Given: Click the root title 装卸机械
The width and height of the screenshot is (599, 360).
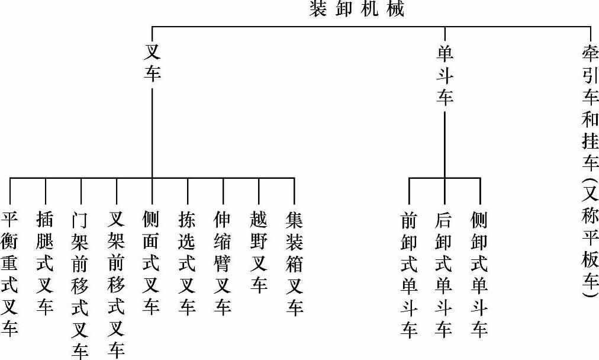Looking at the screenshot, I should [357, 9].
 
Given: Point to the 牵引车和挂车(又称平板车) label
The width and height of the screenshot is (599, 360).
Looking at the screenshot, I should [590, 172].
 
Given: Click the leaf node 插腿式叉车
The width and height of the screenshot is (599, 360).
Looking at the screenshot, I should [46, 263].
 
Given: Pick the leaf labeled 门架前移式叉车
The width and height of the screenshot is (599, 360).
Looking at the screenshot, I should [81, 285].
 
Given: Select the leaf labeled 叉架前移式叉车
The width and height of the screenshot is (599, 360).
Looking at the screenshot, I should [117, 285].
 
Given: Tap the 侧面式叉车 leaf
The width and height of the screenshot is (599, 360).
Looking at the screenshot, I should [152, 263].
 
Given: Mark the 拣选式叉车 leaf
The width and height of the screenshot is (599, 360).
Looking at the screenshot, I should [188, 263].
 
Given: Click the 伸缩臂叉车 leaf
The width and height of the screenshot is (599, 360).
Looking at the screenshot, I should [223, 263].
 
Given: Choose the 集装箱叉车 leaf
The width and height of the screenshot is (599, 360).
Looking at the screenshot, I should [294, 263].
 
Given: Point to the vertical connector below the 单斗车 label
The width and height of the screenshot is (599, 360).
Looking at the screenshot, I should [445, 142].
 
